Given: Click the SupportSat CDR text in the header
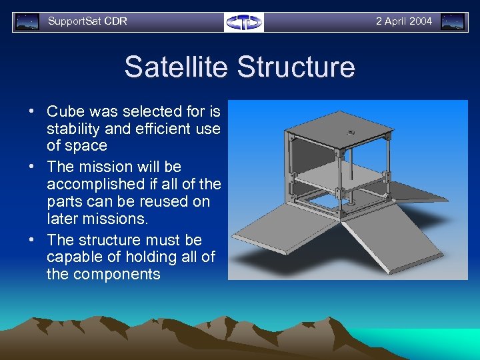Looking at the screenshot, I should [x=87, y=21].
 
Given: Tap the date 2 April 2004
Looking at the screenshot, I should [x=403, y=21].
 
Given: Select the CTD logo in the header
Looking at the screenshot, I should [x=244, y=22].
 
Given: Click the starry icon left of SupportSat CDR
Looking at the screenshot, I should [x=27, y=22].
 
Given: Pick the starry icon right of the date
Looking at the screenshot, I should [x=453, y=22].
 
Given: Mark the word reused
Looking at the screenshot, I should [x=158, y=201].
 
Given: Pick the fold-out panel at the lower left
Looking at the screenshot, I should [x=283, y=230].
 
